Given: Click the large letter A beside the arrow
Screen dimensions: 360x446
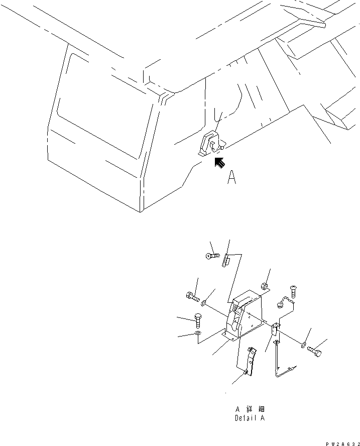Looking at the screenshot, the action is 232,177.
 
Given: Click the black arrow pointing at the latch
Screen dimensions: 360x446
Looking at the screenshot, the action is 220,163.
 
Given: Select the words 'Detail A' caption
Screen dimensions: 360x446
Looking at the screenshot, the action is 250,418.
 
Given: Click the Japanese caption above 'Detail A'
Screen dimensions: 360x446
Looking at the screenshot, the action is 250,409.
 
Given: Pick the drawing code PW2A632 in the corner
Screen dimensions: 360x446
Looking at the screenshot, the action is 342,443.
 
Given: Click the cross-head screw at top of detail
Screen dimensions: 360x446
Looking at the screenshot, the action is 212,256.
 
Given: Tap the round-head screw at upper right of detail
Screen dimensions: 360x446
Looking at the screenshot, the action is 293,291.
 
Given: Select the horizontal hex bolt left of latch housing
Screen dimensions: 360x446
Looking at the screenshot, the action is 193,297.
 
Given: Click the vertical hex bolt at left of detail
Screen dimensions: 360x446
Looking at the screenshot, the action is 198,321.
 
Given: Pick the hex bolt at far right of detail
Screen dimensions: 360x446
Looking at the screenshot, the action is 314,352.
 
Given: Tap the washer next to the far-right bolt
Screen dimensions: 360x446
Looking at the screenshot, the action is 303,346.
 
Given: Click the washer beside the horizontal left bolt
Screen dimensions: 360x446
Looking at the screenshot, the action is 204,303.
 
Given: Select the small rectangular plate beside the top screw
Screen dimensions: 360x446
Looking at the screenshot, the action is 225,260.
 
